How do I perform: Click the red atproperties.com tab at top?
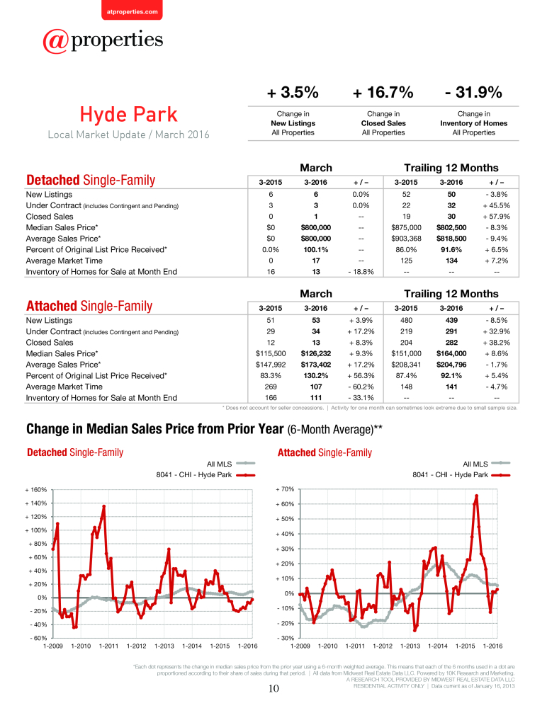[x=132, y=10]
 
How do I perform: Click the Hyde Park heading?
[x=128, y=114]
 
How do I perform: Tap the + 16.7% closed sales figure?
[x=383, y=92]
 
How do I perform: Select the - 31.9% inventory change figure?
[x=473, y=92]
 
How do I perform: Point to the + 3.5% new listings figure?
[x=293, y=92]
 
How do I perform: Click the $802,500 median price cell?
[x=451, y=227]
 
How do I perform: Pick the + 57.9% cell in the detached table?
[x=497, y=216]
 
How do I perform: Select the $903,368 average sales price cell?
[x=406, y=239]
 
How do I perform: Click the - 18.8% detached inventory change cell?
[x=361, y=272]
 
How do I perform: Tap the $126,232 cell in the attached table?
[x=315, y=353]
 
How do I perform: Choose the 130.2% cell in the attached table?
[x=315, y=376]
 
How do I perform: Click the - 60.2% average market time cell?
[x=361, y=387]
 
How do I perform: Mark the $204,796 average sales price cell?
[x=451, y=365]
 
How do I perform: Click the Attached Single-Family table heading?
[x=89, y=306]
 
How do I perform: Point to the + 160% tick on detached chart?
[x=35, y=490]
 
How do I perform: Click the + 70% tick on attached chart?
[x=285, y=489]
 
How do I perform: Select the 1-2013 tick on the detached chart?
[x=164, y=646]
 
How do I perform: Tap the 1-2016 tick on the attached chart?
[x=492, y=646]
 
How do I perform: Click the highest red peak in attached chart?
[x=476, y=496]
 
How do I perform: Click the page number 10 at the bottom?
[x=273, y=689]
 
